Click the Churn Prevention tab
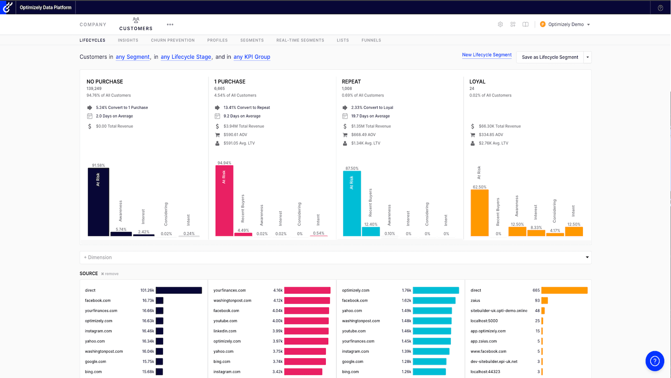(173, 40)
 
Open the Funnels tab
(371, 40)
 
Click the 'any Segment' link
(133, 57)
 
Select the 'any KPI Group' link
(252, 57)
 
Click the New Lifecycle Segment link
(486, 55)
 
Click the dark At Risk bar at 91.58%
(98, 202)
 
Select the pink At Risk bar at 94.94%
(224, 201)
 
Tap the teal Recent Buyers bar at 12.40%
(371, 231)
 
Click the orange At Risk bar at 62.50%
(479, 213)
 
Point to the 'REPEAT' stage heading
(351, 81)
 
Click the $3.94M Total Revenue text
(244, 126)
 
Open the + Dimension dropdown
(335, 257)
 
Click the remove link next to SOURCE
(110, 274)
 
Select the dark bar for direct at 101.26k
(179, 290)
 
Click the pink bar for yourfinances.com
(307, 290)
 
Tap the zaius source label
(475, 300)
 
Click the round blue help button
(655, 361)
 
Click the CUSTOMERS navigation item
(136, 25)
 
